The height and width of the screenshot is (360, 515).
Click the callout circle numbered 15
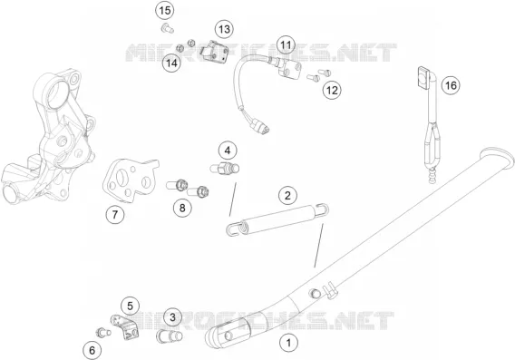click(x=164, y=11)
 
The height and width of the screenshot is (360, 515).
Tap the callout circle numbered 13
click(x=224, y=29)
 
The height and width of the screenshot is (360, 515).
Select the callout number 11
click(x=286, y=44)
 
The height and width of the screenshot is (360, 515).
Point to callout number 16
click(x=451, y=85)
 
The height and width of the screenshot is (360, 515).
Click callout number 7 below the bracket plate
click(x=115, y=215)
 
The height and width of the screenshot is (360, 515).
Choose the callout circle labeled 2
click(x=287, y=196)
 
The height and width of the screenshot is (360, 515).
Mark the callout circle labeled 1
click(x=288, y=344)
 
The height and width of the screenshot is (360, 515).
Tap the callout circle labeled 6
click(x=92, y=350)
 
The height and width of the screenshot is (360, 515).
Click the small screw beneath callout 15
click(x=168, y=29)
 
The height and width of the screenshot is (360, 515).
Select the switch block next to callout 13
click(x=213, y=51)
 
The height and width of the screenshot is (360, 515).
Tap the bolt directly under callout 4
click(x=225, y=169)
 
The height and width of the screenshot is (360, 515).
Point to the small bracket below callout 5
click(x=125, y=327)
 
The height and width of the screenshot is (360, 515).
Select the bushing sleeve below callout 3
click(x=170, y=336)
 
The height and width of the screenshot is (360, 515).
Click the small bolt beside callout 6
click(x=102, y=333)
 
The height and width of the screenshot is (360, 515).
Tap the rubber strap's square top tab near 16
click(x=423, y=78)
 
